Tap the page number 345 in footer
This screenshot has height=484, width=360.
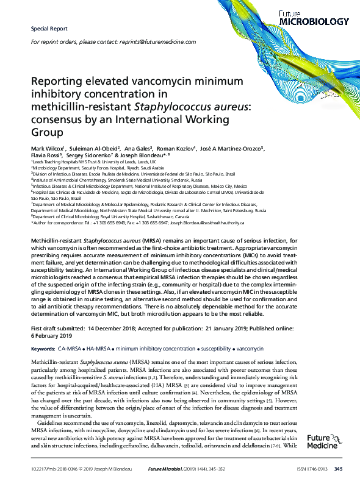[339, 468]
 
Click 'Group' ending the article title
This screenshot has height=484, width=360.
[44, 130]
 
